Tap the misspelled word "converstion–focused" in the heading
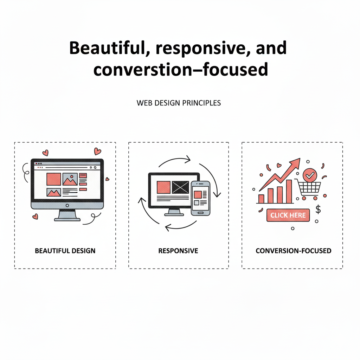(180, 69)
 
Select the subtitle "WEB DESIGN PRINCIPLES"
(179, 103)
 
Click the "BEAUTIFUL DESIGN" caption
(65, 251)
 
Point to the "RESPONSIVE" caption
(178, 251)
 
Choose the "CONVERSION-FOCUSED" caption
(293, 251)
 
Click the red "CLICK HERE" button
(288, 215)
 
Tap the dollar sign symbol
(318, 210)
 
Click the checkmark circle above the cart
(310, 174)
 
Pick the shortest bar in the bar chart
(261, 199)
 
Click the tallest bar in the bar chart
(289, 192)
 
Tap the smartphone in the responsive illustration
(200, 198)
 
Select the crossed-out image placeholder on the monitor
(180, 187)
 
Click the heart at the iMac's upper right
(97, 152)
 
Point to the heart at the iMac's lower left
(35, 217)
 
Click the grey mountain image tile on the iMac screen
(70, 179)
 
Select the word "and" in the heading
(271, 48)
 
